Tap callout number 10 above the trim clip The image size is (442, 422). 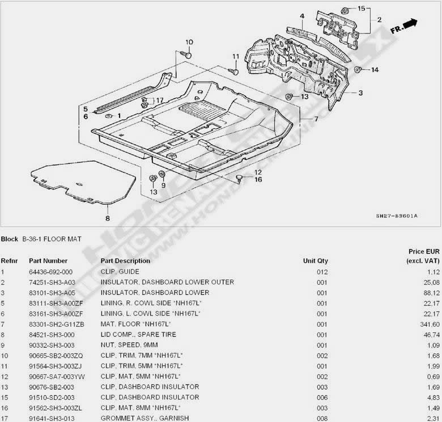click(x=189, y=42)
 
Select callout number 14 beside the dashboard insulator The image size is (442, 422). click(x=375, y=70)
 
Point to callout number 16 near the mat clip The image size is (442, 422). click(x=258, y=180)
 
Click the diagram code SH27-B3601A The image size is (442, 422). click(x=397, y=216)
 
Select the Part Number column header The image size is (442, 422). click(x=48, y=261)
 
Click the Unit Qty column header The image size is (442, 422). click(x=315, y=261)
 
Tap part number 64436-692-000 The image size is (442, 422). click(x=51, y=272)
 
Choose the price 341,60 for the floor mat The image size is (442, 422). click(x=416, y=324)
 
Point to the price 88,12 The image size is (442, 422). click(x=418, y=293)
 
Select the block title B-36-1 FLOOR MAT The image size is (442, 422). click(x=52, y=239)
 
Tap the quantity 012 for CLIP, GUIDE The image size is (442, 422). click(x=322, y=272)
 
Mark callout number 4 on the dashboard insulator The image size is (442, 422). click(x=302, y=16)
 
